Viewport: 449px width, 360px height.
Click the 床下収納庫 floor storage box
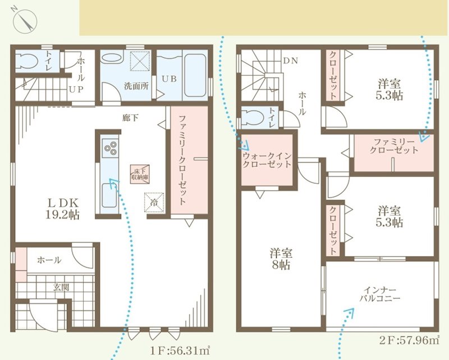coord(140,173)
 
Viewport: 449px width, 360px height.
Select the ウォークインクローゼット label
coord(267,160)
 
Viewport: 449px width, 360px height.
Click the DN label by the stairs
coord(290,60)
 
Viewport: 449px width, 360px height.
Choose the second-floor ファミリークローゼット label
coord(395,146)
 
